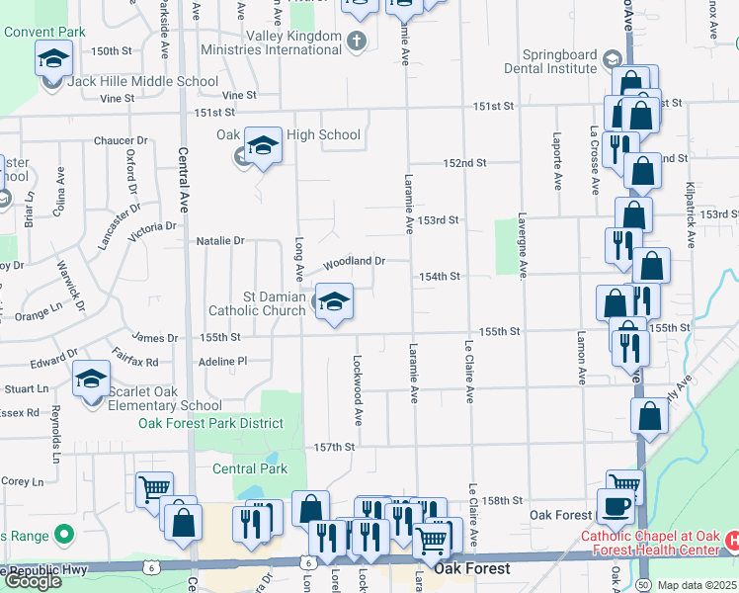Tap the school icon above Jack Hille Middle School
(x=54, y=59)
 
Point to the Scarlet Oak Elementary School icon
(x=91, y=379)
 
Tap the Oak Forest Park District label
(x=210, y=423)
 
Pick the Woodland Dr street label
(x=354, y=261)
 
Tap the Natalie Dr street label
(x=219, y=240)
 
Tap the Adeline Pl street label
(x=222, y=362)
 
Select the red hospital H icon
(x=732, y=541)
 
